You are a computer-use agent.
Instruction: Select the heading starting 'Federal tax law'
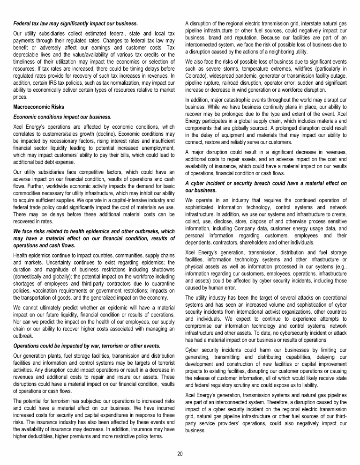75,23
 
